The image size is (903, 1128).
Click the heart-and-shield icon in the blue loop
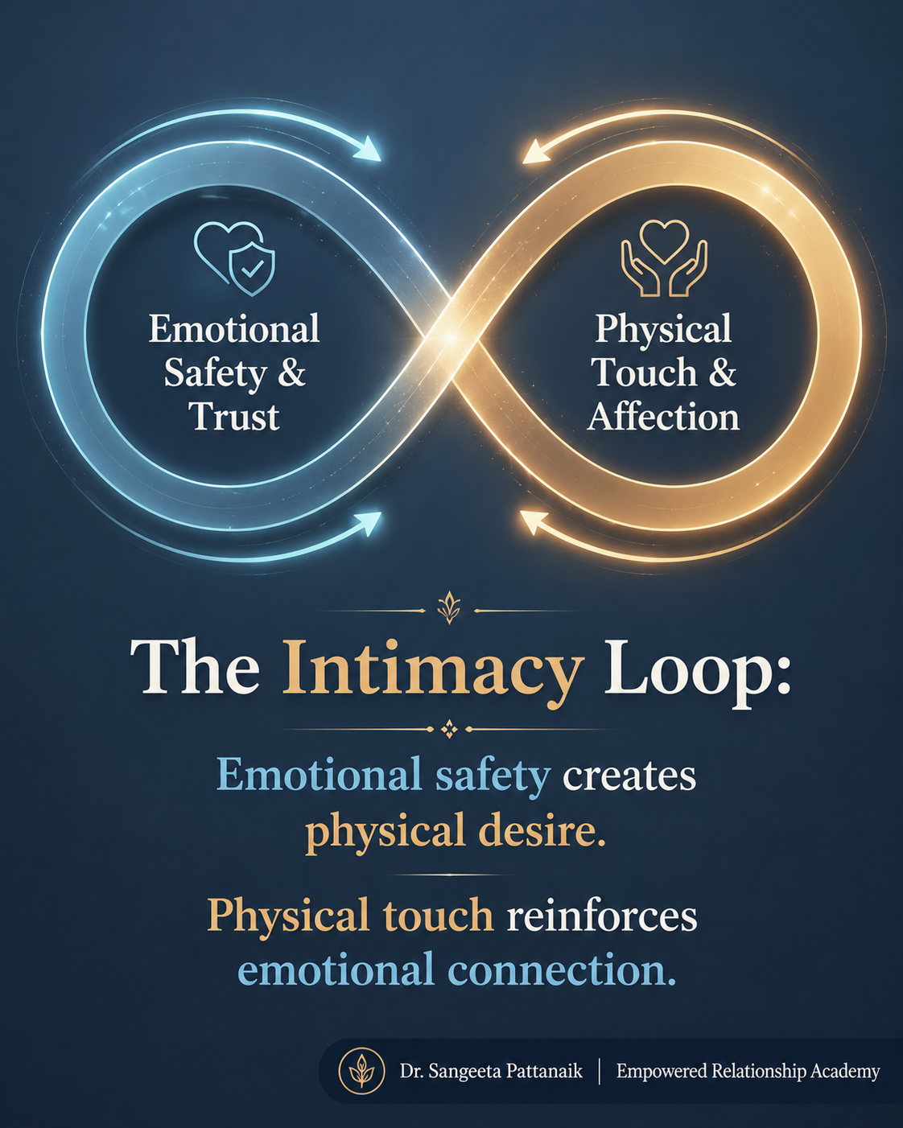(234, 258)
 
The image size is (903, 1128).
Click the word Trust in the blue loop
(234, 418)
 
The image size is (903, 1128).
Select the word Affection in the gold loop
(663, 418)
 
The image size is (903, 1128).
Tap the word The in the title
(195, 668)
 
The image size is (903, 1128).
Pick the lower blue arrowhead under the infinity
(369, 524)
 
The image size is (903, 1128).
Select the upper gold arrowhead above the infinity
(535, 151)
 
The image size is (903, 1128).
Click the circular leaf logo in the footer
(361, 1070)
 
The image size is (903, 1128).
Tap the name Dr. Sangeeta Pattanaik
(491, 1071)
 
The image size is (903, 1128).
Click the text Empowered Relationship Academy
(748, 1072)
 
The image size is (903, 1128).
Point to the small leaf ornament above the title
(449, 607)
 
